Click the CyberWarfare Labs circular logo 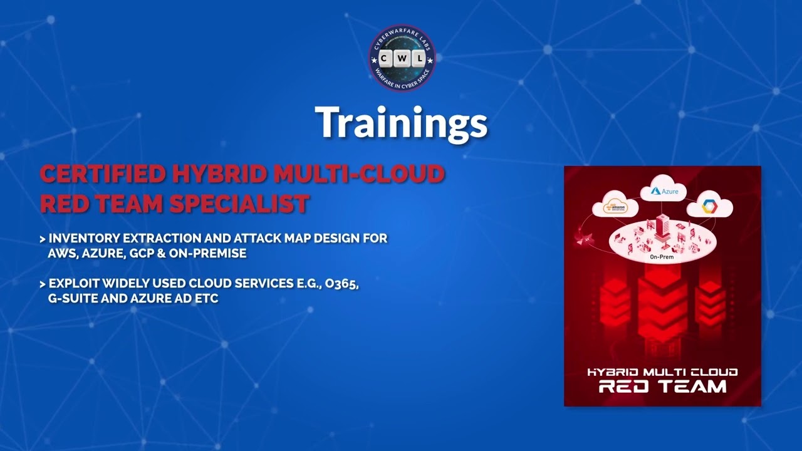click(x=402, y=58)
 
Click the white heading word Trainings click(x=401, y=123)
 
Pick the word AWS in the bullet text click(x=61, y=254)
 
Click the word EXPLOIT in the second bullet click(x=72, y=284)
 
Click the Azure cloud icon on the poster click(x=664, y=190)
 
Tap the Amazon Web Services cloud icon click(x=616, y=207)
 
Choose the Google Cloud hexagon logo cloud click(x=709, y=205)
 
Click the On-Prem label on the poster click(x=662, y=257)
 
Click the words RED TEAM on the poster click(x=662, y=386)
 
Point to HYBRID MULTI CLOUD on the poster click(x=662, y=372)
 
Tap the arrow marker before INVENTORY click(x=42, y=239)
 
